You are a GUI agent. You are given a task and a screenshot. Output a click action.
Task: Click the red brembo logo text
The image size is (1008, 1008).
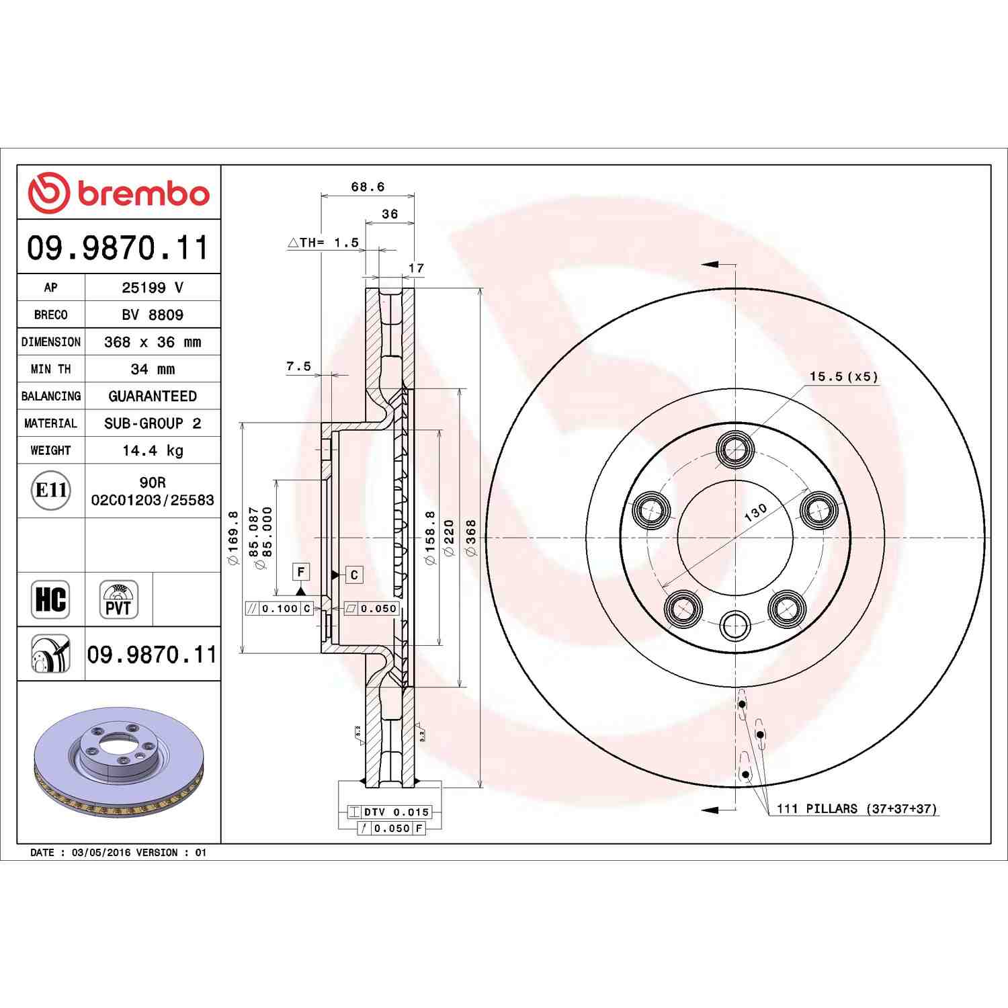[143, 194]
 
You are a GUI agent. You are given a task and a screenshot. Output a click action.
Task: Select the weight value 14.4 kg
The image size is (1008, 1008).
[153, 450]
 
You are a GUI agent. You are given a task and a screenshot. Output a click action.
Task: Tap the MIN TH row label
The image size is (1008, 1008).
[50, 369]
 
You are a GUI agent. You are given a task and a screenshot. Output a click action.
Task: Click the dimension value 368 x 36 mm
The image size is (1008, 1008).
[153, 342]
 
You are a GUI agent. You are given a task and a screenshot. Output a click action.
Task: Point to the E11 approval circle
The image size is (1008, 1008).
[50, 490]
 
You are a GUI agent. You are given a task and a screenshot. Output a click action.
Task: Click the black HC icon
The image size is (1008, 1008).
[50, 599]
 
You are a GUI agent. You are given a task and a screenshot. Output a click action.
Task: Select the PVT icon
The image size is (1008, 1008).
[119, 599]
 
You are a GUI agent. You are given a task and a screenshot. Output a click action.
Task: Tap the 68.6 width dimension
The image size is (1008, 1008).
[368, 187]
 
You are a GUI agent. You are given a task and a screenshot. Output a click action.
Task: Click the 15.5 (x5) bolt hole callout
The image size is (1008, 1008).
[843, 376]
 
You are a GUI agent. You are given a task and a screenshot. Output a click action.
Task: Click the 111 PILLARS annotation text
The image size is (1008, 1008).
[856, 808]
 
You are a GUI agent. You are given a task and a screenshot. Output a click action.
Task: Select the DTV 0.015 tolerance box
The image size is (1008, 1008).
[396, 812]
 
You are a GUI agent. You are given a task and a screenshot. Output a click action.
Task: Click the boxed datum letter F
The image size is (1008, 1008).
[301, 572]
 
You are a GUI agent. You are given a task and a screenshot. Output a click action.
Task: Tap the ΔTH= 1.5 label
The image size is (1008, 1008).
[324, 243]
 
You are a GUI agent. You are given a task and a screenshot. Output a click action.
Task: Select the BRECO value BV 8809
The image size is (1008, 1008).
[153, 314]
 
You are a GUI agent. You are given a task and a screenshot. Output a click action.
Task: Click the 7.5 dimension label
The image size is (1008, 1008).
[298, 366]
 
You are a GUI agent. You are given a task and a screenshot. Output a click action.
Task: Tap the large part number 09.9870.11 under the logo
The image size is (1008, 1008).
[118, 247]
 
